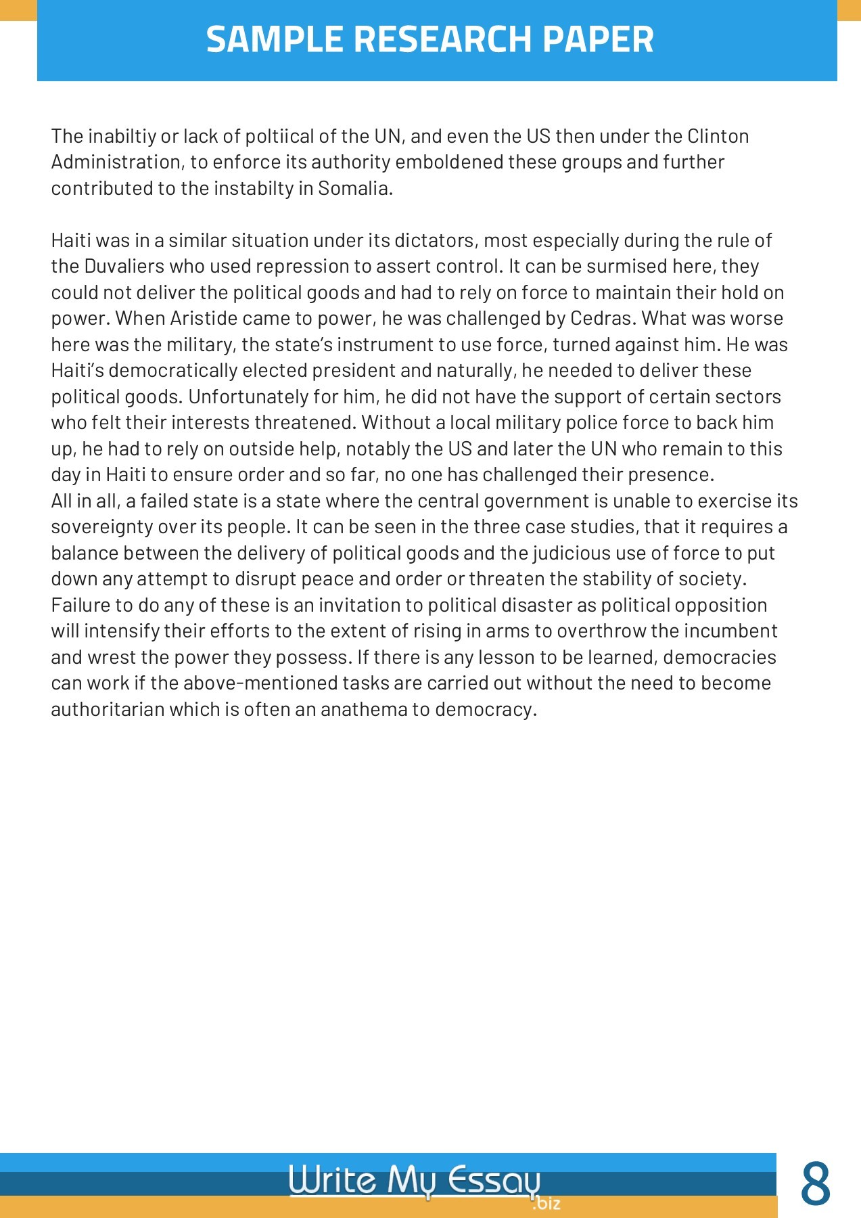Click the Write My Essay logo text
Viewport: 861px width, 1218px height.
pos(414,1181)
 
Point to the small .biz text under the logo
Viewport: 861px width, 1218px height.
pos(546,1204)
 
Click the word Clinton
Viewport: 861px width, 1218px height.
pos(718,137)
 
